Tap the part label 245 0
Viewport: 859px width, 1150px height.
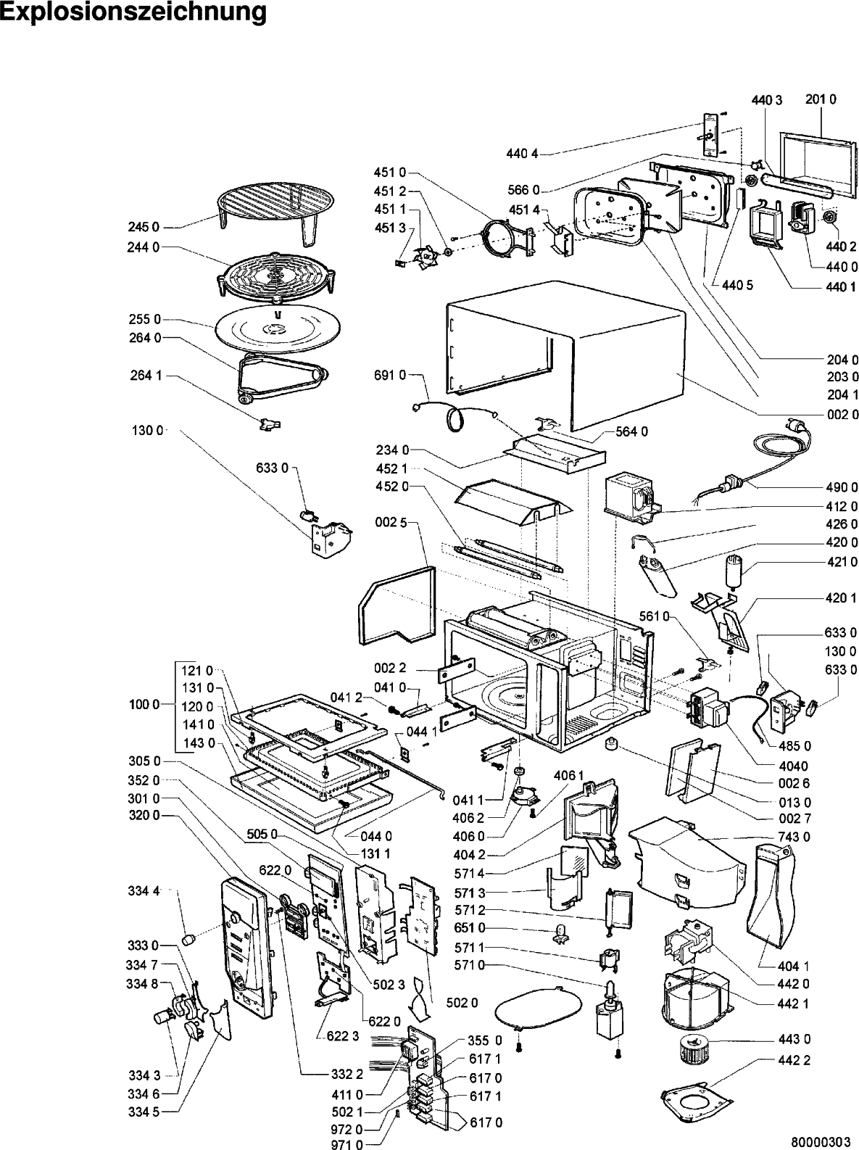(144, 227)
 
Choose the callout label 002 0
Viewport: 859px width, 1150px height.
(842, 415)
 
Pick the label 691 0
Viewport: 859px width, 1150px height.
(390, 375)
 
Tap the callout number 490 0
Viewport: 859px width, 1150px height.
(842, 487)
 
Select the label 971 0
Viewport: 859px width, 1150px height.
(346, 1141)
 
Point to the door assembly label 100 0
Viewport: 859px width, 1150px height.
(144, 705)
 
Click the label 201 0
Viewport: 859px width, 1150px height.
(821, 99)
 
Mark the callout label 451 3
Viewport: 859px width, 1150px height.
(390, 228)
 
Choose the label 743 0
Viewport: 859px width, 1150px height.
(794, 837)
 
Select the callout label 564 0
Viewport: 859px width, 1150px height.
(631, 431)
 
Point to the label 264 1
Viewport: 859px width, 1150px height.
(146, 375)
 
